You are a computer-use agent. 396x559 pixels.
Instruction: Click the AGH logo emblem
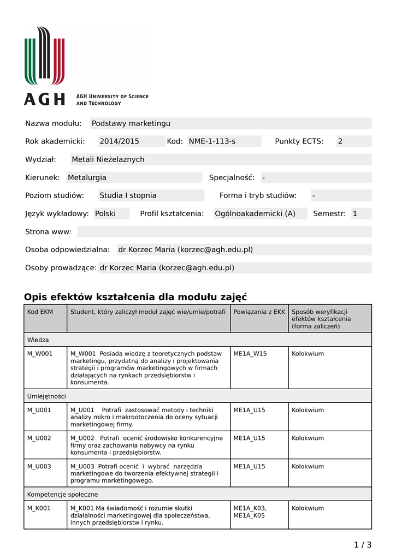(x=44, y=56)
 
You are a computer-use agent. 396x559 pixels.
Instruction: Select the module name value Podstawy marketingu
(x=131, y=123)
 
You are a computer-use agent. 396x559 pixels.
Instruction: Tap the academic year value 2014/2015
(x=119, y=141)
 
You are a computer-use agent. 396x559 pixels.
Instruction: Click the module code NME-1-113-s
(x=212, y=141)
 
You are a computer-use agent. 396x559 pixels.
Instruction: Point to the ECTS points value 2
(x=340, y=141)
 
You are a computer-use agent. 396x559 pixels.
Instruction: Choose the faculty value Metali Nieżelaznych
(x=108, y=159)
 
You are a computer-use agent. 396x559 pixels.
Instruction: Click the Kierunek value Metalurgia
(x=87, y=177)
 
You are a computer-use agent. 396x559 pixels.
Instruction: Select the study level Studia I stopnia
(x=128, y=195)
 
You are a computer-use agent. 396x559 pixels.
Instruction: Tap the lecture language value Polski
(x=105, y=213)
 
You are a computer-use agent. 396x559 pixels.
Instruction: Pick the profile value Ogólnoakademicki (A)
(x=255, y=213)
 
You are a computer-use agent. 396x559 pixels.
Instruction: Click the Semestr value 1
(x=355, y=213)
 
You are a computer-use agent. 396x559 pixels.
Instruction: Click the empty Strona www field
(x=224, y=231)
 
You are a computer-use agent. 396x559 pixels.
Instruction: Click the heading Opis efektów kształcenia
(x=135, y=297)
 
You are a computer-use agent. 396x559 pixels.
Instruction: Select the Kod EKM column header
(x=40, y=311)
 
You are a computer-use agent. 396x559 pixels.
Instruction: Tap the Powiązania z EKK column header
(x=259, y=311)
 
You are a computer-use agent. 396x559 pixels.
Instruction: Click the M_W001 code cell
(x=40, y=354)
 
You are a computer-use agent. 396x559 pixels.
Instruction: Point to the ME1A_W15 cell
(x=250, y=354)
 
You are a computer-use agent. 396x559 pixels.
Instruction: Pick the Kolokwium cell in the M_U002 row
(x=308, y=438)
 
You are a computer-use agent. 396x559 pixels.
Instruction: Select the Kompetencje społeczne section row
(x=63, y=494)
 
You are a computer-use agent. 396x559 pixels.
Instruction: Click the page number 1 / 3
(x=363, y=544)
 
